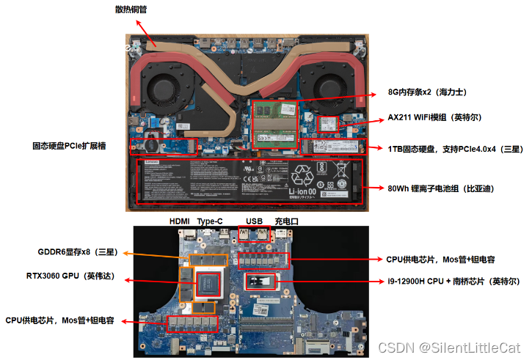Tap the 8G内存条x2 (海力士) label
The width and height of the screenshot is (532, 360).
click(x=428, y=93)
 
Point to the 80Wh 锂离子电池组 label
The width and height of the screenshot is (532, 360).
click(x=440, y=188)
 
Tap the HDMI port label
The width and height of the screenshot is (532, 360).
click(x=180, y=220)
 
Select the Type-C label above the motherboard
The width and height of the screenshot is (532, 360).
click(x=210, y=220)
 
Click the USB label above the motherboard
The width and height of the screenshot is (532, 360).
click(x=255, y=220)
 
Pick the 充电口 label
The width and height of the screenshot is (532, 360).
click(x=286, y=220)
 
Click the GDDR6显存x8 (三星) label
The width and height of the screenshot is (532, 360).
click(x=78, y=253)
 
